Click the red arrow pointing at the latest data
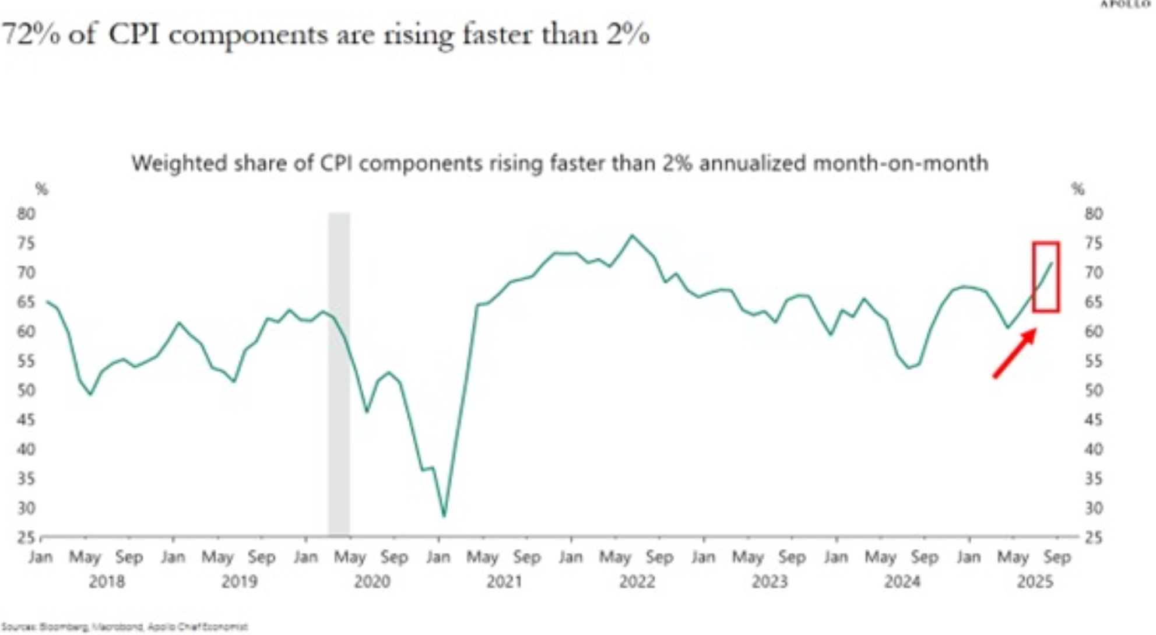[1015, 353]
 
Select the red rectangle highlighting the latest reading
[1046, 277]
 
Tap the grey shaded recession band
[339, 373]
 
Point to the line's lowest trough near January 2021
[444, 515]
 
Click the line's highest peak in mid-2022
[632, 236]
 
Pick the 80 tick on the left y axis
[26, 214]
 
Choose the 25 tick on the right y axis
[1094, 538]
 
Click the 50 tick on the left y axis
[26, 390]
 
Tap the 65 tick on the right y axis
[1094, 302]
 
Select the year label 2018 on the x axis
[107, 582]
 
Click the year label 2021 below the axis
[504, 582]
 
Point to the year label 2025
[1035, 582]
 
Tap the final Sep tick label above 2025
[1057, 557]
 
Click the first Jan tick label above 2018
[41, 557]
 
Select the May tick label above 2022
[615, 557]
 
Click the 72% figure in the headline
[31, 34]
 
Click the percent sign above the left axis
[41, 189]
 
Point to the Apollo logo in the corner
[1125, 4]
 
